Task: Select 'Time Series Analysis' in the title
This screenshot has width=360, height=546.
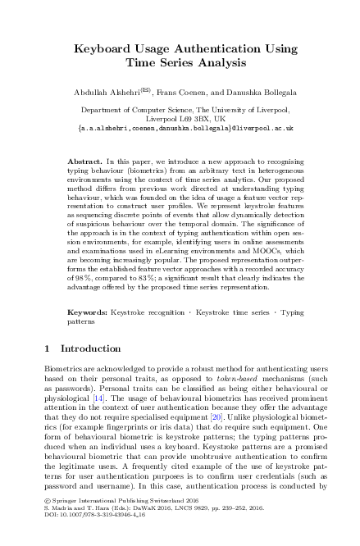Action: [x=180, y=62]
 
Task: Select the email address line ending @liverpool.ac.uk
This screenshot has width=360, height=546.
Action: [x=180, y=129]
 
